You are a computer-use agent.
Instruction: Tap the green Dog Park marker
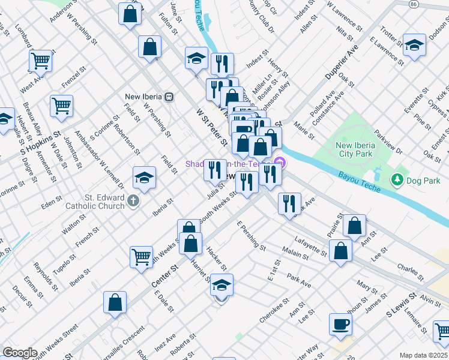pyautogui.click(x=396, y=179)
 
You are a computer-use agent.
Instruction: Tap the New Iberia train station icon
pyautogui.click(x=170, y=97)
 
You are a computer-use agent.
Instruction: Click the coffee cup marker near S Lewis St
pyautogui.click(x=340, y=325)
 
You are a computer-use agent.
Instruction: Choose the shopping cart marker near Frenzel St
pyautogui.click(x=62, y=106)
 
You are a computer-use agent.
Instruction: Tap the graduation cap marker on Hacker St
pyautogui.click(x=221, y=285)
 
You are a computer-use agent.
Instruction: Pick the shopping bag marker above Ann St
pyautogui.click(x=354, y=226)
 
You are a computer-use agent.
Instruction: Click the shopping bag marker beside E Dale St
pyautogui.click(x=115, y=302)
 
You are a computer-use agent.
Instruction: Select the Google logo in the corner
pyautogui.click(x=20, y=353)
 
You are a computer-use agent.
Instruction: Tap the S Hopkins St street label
pyautogui.click(x=41, y=143)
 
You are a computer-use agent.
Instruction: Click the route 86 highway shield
pyautogui.click(x=413, y=4)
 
